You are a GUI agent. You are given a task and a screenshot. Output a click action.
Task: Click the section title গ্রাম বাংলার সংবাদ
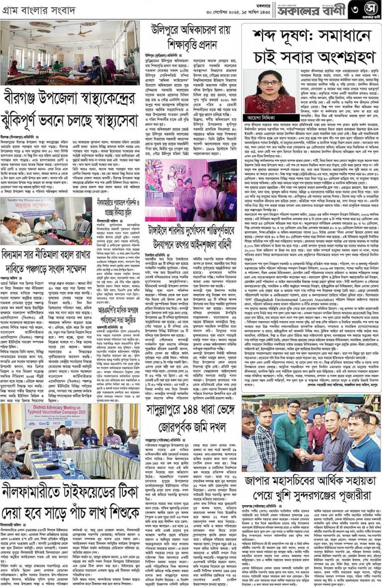click(34, 10)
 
